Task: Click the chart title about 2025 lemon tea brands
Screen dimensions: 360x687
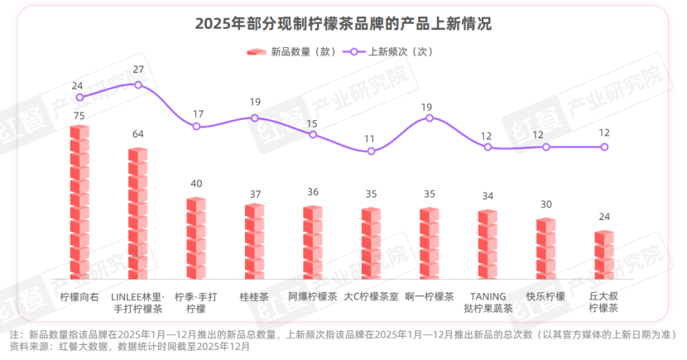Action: coord(343,24)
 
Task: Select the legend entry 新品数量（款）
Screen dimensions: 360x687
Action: coord(292,51)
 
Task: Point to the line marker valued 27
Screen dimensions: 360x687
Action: coord(137,84)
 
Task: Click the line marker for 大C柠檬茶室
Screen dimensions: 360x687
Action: coord(371,151)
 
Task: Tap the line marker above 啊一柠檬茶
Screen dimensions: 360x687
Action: coord(430,118)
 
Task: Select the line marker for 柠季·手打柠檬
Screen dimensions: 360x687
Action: coord(196,127)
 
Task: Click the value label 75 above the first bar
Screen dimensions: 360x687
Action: coord(79,116)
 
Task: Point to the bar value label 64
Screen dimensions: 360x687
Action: coord(137,134)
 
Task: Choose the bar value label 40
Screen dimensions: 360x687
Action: coord(196,184)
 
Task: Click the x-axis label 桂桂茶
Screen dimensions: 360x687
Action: coord(254,296)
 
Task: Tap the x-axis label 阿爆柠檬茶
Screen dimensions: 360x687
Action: coord(313,296)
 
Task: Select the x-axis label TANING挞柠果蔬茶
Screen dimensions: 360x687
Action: coord(488,302)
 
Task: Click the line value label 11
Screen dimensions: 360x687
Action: coord(371,138)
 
